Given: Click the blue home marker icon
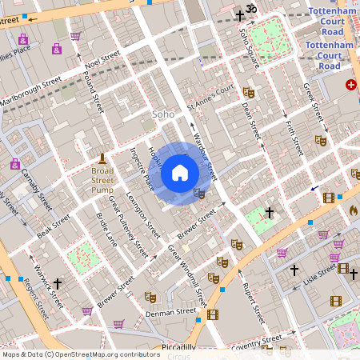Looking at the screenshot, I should click(x=180, y=173).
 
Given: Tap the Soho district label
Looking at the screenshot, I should click(x=163, y=114).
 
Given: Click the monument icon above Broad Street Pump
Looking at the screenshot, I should click(x=102, y=158).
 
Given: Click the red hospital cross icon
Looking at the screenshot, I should click(x=350, y=85).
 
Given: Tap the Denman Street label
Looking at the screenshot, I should click(x=170, y=312).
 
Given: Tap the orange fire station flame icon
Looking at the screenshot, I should click(x=353, y=210).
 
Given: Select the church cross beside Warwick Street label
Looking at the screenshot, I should click(x=58, y=283).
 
